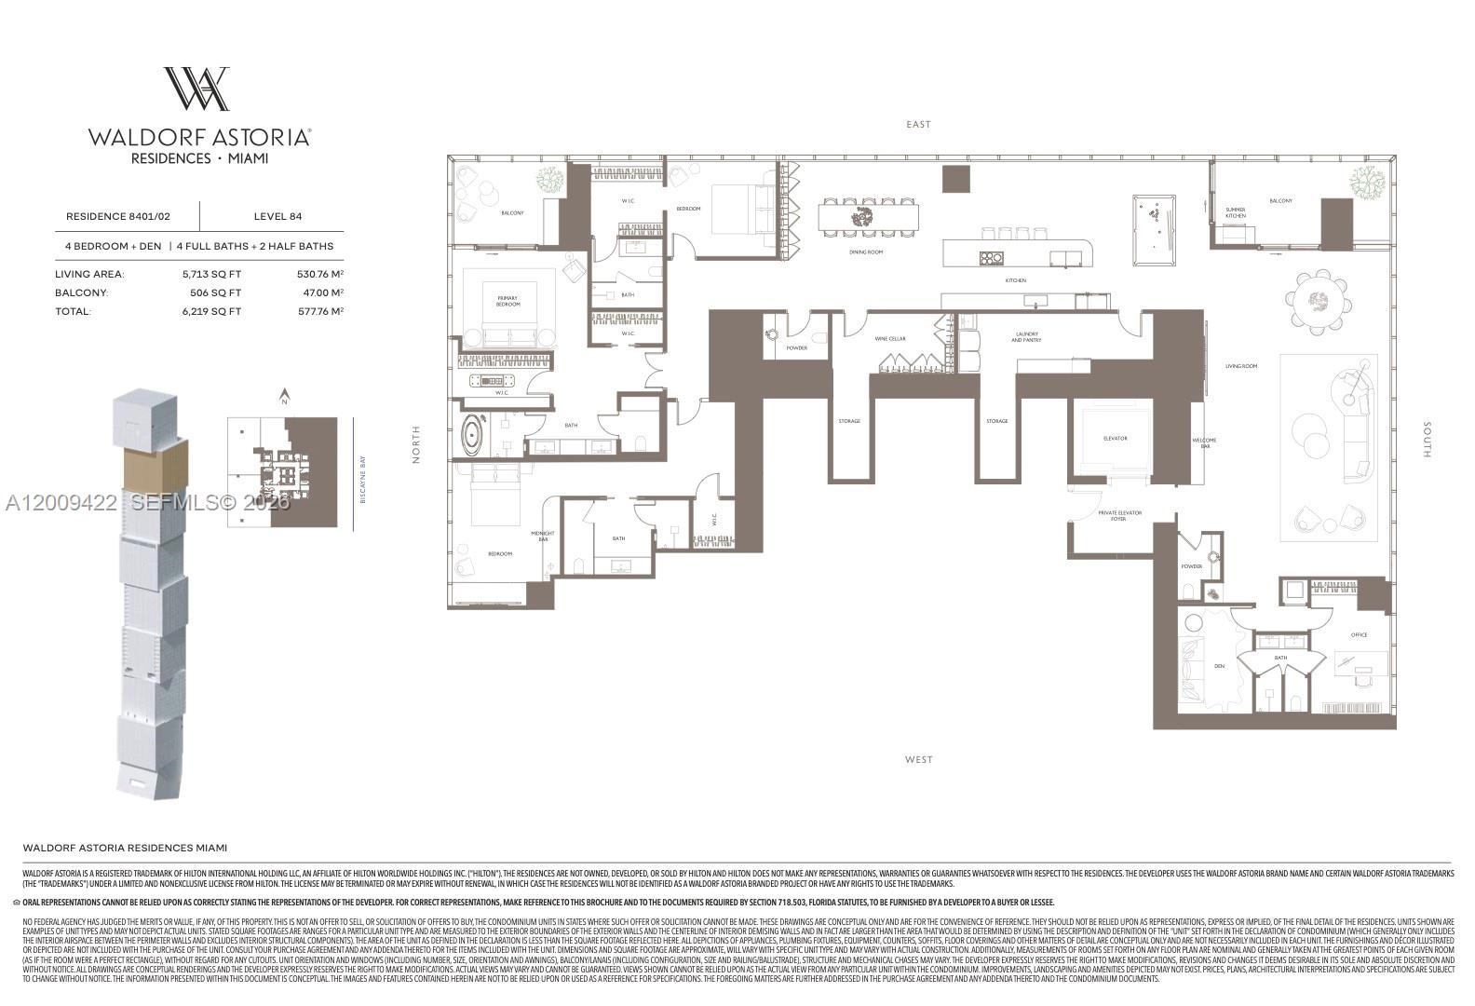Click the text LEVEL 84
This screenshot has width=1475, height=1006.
(277, 216)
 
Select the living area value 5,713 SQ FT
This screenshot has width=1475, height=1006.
(211, 274)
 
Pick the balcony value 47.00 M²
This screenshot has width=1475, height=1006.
(319, 292)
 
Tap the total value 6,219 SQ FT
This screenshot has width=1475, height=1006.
(211, 311)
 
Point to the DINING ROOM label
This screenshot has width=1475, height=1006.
(866, 252)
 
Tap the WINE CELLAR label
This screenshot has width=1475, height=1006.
(890, 339)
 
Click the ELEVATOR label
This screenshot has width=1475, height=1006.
(1115, 438)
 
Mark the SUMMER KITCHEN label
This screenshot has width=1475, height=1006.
(1236, 212)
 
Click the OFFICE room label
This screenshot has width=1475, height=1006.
(1359, 635)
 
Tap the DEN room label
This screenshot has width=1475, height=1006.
(1220, 666)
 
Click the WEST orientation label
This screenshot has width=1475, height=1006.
(918, 760)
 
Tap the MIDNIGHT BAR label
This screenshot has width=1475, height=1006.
(543, 537)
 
